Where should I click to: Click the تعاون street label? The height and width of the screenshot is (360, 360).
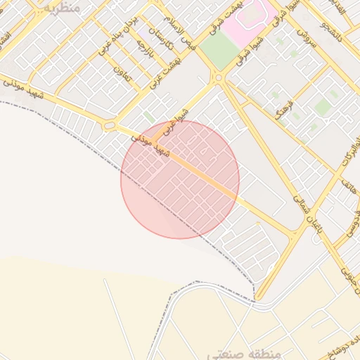click(x=122, y=68)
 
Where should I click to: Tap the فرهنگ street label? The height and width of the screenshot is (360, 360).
click(x=285, y=101)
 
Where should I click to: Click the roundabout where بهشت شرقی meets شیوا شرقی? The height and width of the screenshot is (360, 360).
click(x=219, y=78)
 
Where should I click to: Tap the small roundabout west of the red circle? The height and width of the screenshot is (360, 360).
click(x=110, y=126)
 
